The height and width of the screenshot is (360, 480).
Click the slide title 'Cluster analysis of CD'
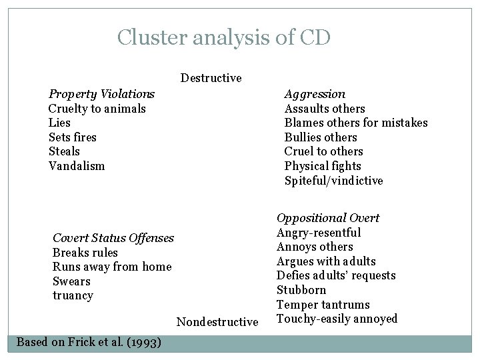(223, 37)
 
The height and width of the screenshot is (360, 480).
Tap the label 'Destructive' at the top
(211, 78)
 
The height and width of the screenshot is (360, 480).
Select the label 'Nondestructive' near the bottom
(217, 322)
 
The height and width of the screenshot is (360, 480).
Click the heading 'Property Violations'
(101, 94)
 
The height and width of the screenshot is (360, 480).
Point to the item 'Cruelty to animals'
(97, 109)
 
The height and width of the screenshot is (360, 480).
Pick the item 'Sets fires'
(72, 137)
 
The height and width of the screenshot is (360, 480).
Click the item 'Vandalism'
(76, 166)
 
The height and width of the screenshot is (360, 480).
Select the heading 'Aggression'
(315, 94)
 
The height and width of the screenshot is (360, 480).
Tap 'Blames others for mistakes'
(356, 123)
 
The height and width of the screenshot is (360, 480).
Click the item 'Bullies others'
(321, 137)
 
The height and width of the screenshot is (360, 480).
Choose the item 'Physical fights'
(323, 166)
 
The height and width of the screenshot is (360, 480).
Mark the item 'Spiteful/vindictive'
(333, 181)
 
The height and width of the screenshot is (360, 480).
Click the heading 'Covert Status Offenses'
(113, 238)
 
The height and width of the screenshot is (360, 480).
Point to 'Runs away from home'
(111, 267)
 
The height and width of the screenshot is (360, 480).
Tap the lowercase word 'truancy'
(73, 295)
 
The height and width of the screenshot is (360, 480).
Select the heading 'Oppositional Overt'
(327, 218)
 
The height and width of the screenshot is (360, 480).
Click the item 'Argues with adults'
(326, 261)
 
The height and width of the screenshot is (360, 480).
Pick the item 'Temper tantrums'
(323, 305)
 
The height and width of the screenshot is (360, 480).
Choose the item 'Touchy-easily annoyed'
(337, 319)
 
